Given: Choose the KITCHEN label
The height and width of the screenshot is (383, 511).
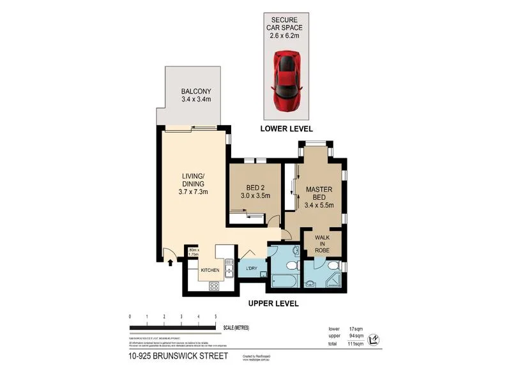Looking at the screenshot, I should coord(210,271).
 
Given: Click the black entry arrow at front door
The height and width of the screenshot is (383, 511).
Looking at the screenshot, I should coord(171,260).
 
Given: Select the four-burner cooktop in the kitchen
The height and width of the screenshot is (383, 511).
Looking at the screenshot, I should coord(213,286).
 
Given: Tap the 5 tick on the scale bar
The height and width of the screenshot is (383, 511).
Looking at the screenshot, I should coord(216,317).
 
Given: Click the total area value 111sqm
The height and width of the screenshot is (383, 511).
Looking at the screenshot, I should coord(355,343).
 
